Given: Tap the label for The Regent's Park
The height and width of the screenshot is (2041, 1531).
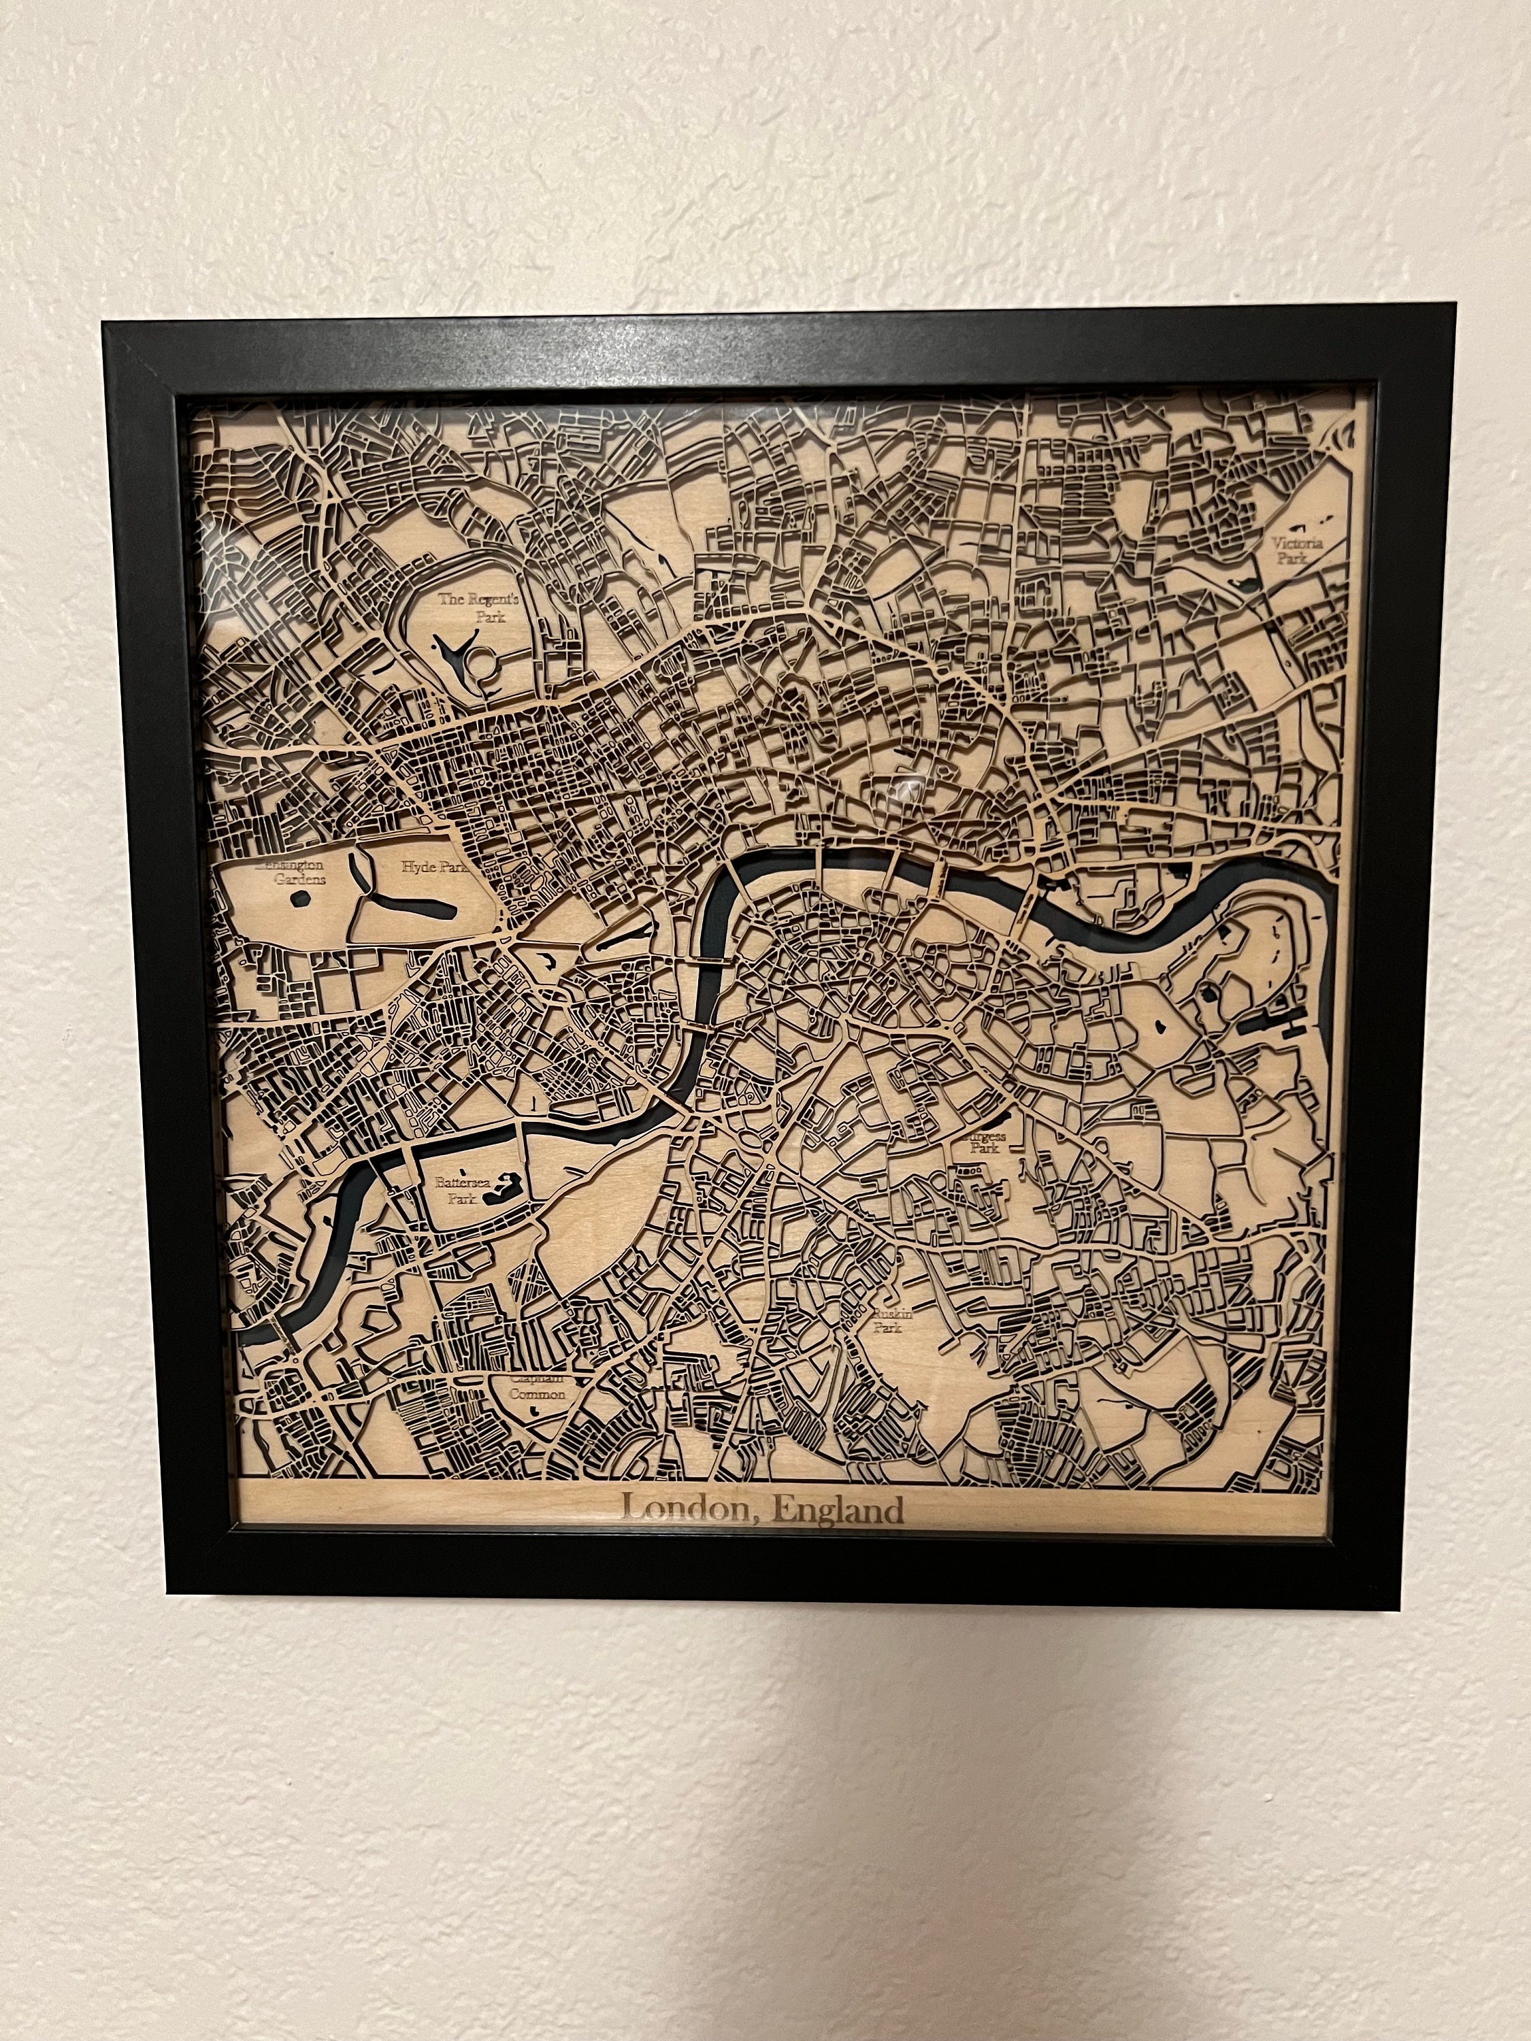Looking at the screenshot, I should [x=480, y=607].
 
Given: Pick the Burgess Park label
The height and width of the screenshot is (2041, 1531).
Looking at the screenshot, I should [x=982, y=1142].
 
